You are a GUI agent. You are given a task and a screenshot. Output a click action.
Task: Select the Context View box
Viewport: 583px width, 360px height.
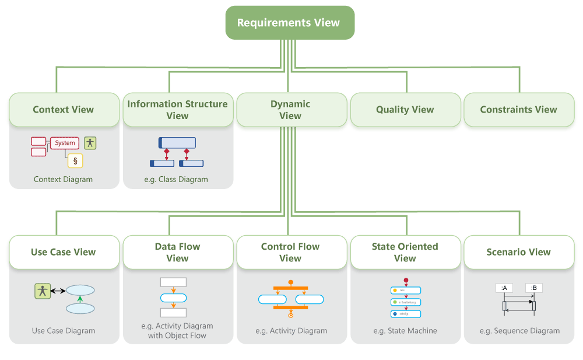point(64,110)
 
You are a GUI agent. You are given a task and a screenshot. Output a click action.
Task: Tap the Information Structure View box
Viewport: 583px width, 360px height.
point(177,110)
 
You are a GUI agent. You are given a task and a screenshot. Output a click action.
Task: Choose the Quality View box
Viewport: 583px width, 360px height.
point(405,110)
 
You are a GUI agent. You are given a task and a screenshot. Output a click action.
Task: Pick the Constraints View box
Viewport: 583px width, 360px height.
point(518,110)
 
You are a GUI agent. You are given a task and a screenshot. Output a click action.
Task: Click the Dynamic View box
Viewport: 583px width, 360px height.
point(290,110)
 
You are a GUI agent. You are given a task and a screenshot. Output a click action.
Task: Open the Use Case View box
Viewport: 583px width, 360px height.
point(64,252)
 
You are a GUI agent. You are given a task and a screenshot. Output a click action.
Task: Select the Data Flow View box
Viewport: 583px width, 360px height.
point(177,252)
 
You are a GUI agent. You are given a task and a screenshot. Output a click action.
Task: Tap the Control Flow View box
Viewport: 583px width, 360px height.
point(290,252)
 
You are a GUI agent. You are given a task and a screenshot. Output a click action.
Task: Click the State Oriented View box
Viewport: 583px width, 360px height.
point(405,252)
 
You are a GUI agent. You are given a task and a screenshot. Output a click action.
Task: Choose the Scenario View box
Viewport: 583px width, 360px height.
point(518,252)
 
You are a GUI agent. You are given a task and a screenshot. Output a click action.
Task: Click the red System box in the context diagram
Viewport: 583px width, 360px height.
point(65,143)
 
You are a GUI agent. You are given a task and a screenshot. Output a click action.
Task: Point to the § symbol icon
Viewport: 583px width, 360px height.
point(75,160)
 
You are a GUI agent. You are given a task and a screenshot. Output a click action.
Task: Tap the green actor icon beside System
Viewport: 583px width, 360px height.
point(90,142)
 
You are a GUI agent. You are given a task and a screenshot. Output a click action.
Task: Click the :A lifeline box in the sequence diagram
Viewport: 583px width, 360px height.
point(504,288)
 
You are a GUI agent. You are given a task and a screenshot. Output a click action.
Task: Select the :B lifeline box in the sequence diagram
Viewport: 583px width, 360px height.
point(533,288)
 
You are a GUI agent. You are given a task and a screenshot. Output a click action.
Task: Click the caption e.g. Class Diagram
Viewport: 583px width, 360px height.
point(176,179)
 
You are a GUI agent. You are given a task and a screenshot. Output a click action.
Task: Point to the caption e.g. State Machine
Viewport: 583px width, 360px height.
point(405,331)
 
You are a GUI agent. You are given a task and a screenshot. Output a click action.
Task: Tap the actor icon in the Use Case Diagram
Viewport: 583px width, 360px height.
point(42,290)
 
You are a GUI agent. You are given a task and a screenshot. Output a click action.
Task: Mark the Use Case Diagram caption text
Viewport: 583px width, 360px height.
point(64,331)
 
